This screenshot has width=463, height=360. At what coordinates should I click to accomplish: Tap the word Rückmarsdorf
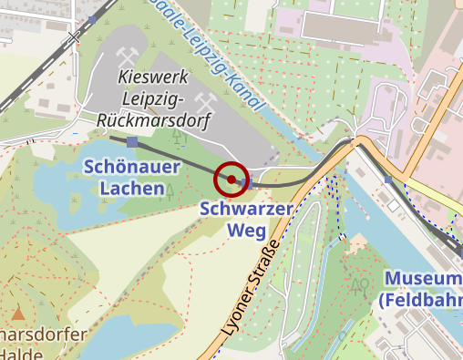point(154,119)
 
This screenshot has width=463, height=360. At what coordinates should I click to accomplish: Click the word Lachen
point(126,189)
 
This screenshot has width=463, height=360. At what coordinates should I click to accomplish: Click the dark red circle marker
point(231,179)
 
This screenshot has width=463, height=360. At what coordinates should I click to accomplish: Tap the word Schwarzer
point(246,209)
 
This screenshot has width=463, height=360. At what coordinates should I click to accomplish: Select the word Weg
point(246,230)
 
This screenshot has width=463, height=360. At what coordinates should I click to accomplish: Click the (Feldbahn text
point(419,299)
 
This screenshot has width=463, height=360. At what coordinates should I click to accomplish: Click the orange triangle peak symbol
point(17,314)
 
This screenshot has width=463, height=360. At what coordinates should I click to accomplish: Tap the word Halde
point(20,354)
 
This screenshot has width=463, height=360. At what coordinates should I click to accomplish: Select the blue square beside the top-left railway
point(92,18)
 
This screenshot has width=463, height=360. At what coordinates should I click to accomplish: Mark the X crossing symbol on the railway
point(74,38)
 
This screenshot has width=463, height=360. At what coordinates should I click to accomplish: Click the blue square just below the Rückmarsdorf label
point(133,141)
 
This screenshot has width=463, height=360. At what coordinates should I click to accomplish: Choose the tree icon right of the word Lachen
point(169,190)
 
